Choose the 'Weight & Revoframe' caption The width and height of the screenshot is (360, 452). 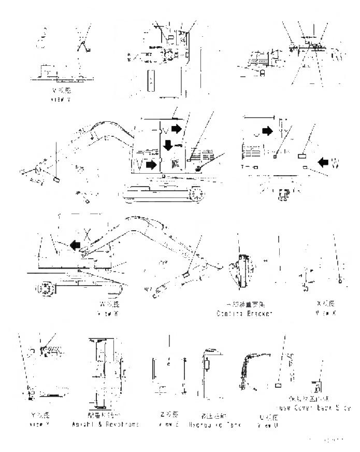105,424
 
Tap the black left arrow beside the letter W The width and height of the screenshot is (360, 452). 323,162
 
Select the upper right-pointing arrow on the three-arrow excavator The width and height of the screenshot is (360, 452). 177,128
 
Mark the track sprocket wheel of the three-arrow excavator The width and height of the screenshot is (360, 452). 196,194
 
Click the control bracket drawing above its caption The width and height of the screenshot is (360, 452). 240,269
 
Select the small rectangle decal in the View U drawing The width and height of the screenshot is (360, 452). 278,386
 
